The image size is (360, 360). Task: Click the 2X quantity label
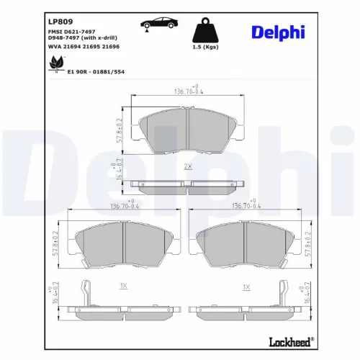pos(188,166)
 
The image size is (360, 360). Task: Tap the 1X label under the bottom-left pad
pos(123,286)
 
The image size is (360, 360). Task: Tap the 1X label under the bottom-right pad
pos(246,286)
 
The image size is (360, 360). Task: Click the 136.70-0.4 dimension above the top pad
pos(189,91)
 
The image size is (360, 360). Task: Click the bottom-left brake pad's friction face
pos(123,246)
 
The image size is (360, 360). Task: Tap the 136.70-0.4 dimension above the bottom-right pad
pos(246,207)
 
